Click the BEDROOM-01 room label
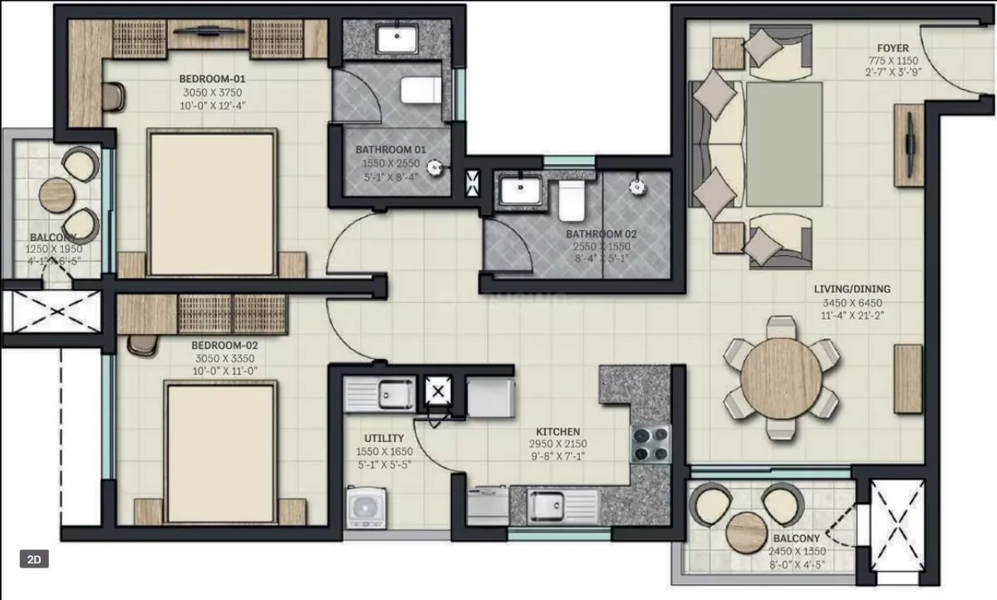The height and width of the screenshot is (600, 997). point(212,78)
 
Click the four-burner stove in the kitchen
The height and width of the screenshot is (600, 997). point(651,443)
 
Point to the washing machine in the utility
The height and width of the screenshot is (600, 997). point(364,506)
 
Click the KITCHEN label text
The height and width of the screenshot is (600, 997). point(557,432)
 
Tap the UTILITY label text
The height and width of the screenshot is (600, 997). point(384,438)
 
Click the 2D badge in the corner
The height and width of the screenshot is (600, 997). point(34,559)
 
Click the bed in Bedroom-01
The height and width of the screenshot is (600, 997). point(212,202)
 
